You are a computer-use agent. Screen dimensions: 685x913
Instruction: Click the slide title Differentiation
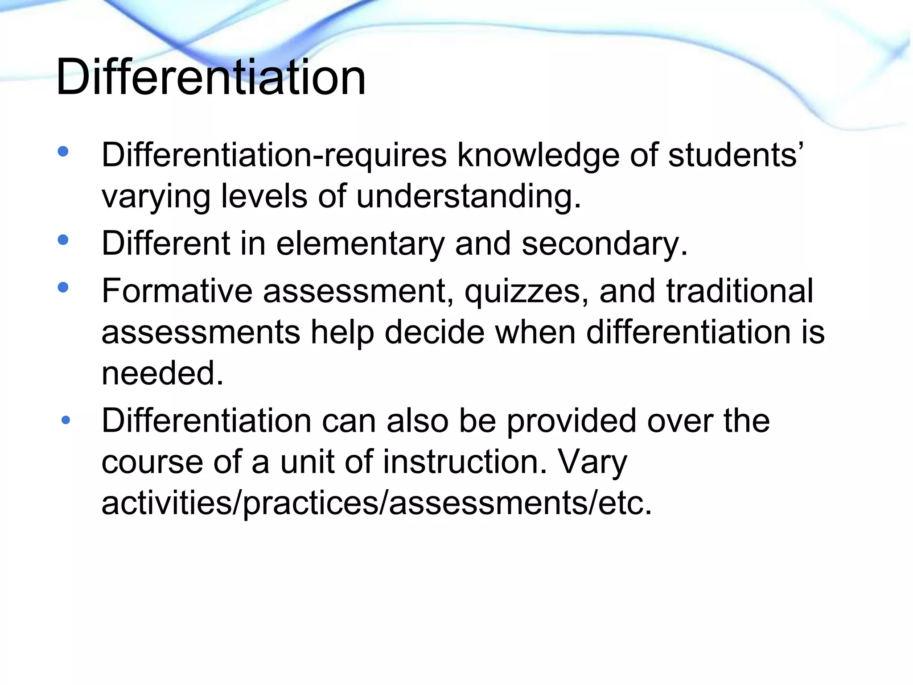click(210, 77)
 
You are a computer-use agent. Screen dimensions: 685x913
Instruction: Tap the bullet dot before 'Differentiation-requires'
click(63, 152)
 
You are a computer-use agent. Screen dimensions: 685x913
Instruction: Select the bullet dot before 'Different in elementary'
click(63, 240)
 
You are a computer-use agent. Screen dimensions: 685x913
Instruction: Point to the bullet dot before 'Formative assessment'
click(63, 287)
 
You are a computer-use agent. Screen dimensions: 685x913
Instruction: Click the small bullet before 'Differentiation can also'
click(66, 420)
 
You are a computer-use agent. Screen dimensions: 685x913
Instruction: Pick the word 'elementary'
click(360, 243)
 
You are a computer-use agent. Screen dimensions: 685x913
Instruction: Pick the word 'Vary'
click(592, 462)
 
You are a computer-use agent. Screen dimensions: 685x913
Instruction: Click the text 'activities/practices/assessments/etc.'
click(377, 503)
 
